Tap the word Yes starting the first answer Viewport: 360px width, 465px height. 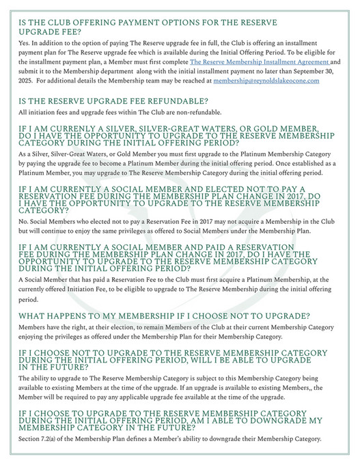click(24, 42)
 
